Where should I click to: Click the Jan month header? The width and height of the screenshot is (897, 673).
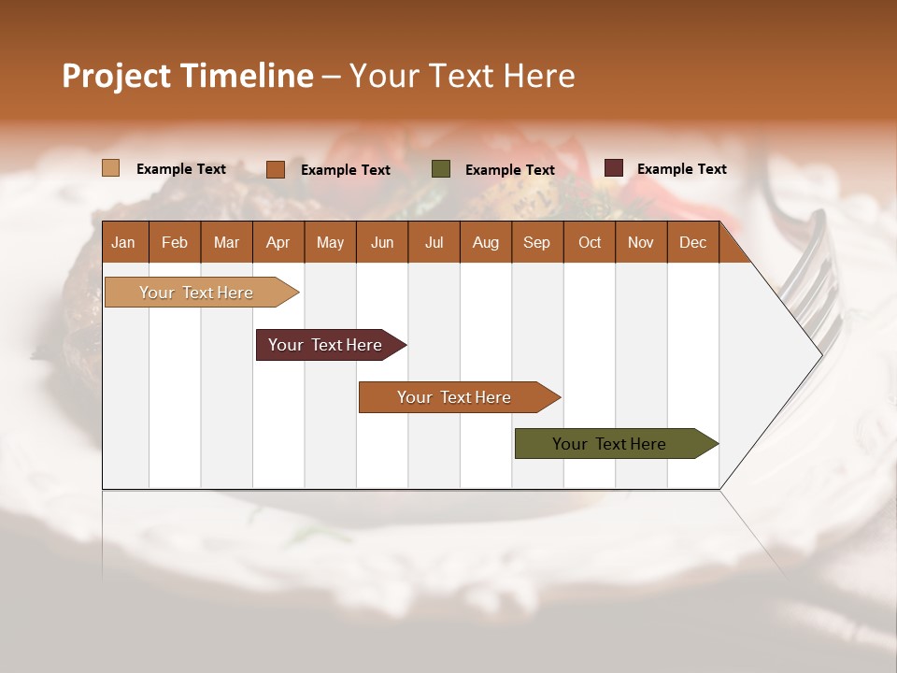[123, 242]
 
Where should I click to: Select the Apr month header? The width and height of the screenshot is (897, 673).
[278, 242]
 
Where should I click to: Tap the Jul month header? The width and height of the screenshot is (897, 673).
[434, 242]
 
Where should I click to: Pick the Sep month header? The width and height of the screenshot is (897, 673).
[536, 242]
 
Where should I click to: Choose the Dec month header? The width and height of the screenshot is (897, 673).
[692, 242]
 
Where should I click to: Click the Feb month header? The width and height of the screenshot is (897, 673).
[175, 242]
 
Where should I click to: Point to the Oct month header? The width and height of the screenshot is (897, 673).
[590, 242]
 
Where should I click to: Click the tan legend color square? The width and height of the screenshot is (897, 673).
[111, 168]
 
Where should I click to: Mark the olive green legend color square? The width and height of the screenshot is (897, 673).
[441, 169]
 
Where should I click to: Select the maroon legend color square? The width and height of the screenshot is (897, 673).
[613, 168]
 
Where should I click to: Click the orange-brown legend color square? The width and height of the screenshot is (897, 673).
[276, 169]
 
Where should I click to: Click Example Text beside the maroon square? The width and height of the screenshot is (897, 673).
[681, 169]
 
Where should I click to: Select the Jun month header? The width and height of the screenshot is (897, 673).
[382, 242]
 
